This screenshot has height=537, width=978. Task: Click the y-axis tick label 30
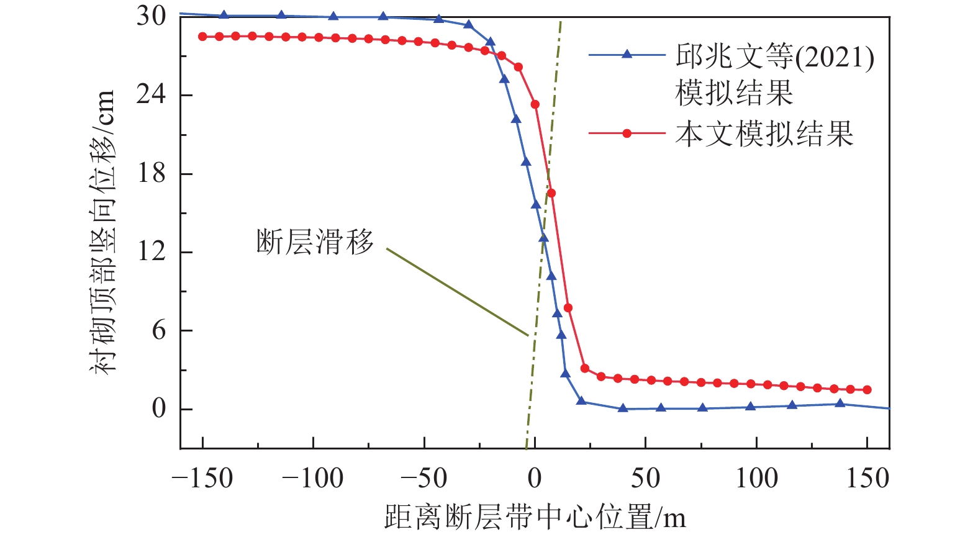tap(152, 16)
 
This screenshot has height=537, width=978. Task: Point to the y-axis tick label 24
tap(152, 94)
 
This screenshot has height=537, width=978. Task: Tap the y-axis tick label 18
tap(152, 173)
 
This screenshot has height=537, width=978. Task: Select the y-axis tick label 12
tap(152, 252)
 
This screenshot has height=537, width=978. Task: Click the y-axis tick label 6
tap(159, 330)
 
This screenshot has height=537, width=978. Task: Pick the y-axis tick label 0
tap(159, 409)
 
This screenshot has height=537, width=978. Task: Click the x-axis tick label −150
tap(202, 479)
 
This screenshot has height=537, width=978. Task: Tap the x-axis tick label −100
tap(313, 479)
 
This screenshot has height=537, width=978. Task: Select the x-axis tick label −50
tap(423, 479)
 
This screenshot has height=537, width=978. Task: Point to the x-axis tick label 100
tap(756, 479)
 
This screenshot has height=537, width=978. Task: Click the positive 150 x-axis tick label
tap(867, 479)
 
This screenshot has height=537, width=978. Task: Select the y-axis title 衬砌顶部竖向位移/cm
tap(103, 231)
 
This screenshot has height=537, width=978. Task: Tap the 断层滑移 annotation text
tap(315, 241)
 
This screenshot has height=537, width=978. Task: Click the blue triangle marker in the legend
tap(627, 55)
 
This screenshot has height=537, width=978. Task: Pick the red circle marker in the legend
tap(627, 133)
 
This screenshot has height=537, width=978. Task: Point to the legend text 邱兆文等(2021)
tap(775, 57)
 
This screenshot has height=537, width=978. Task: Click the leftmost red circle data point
tap(202, 37)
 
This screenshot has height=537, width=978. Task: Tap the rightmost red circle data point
tap(867, 390)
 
